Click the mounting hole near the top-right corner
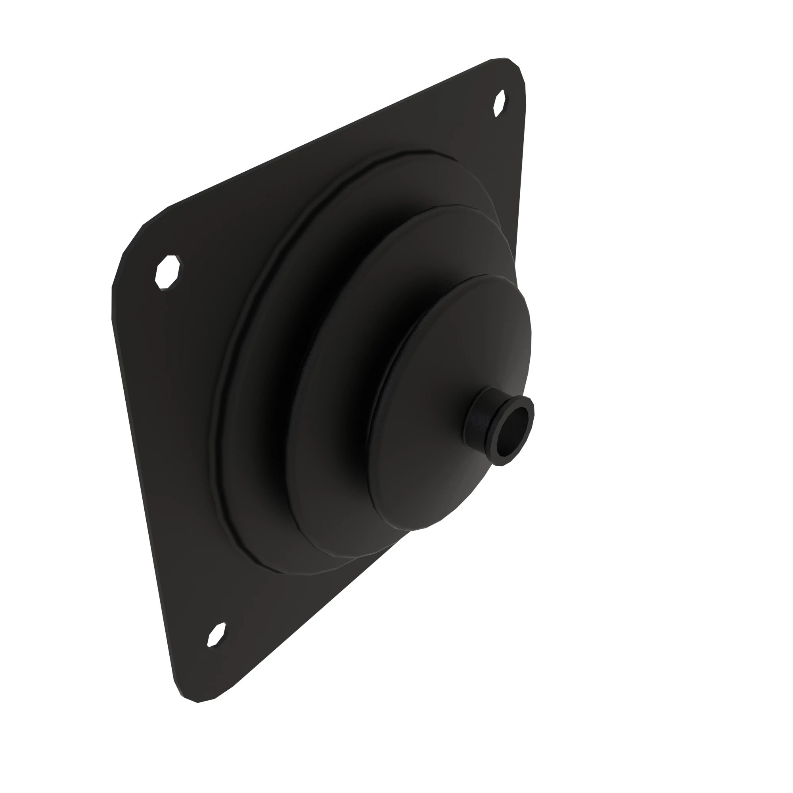(x=499, y=103)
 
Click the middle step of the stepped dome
(x=328, y=410)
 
